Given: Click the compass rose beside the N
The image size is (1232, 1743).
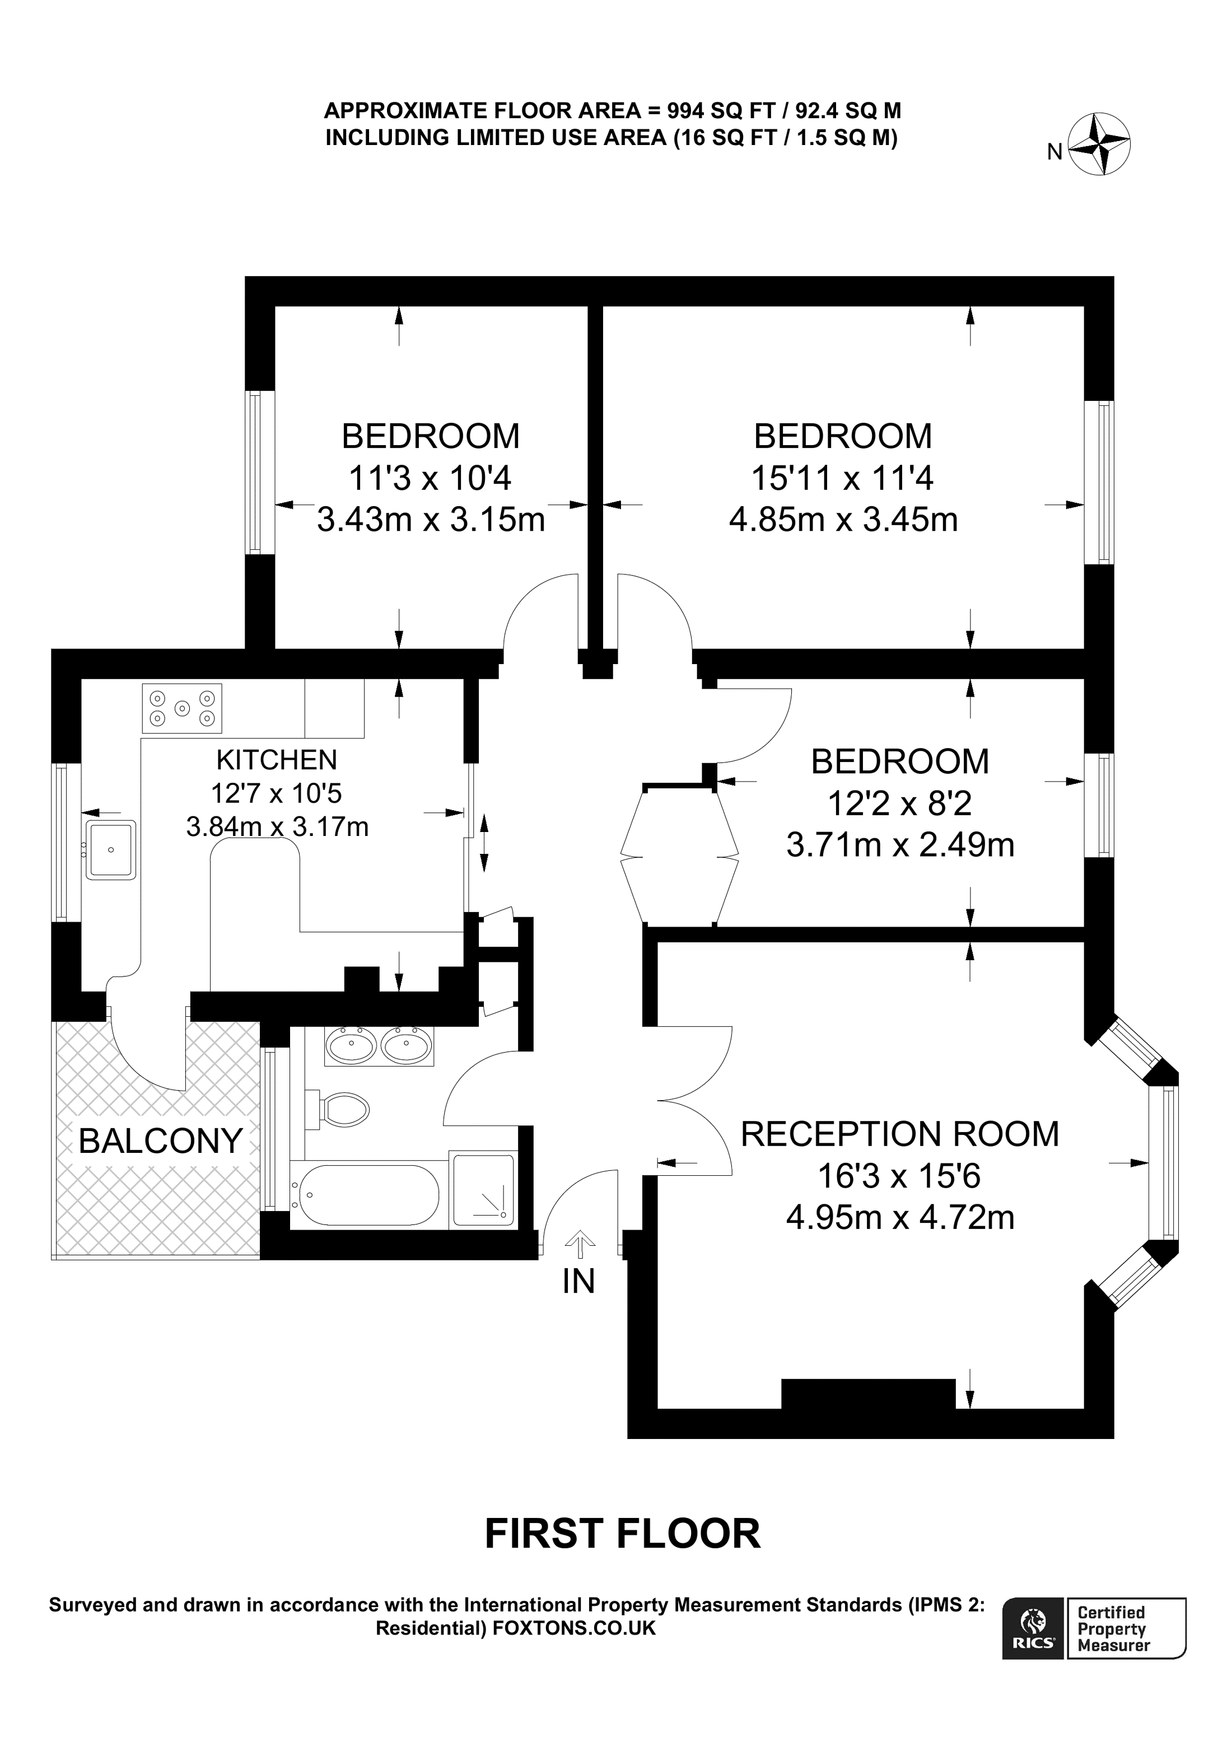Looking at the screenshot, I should click(x=1099, y=145).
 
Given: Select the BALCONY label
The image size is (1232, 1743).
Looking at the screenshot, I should click(x=160, y=1141).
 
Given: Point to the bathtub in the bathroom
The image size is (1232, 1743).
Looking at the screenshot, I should click(x=365, y=1195).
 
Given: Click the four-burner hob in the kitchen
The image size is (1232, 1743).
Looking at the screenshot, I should click(x=182, y=708).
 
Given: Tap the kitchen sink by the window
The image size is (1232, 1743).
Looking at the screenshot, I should click(x=111, y=849).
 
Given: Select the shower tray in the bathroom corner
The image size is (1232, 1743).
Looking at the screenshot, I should click(x=483, y=1190).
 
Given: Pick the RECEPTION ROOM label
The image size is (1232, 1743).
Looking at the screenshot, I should click(x=899, y=1134).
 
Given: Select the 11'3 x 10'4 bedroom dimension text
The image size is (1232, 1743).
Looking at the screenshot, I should click(x=431, y=478).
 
